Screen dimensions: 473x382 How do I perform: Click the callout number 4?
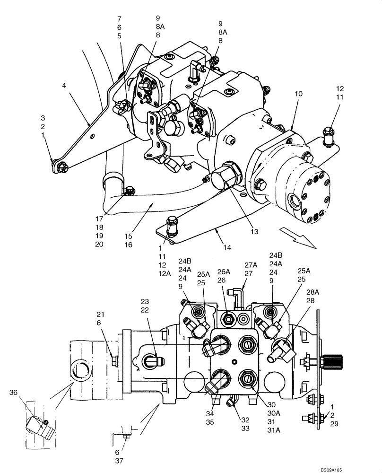coord(63,86)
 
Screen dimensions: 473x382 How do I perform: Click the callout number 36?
coord(13,392)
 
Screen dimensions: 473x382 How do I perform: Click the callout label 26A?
coord(223,272)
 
